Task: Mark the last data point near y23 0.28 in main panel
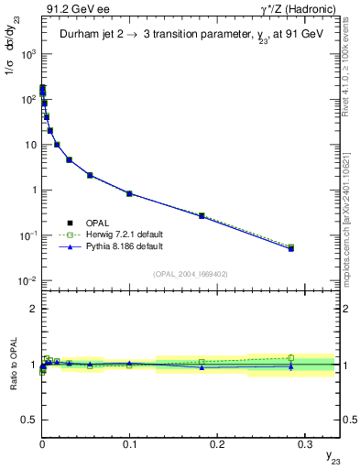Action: [x=290, y=248]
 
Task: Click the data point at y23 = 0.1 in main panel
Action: [x=129, y=194]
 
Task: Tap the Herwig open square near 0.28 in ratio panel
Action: [x=290, y=357]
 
